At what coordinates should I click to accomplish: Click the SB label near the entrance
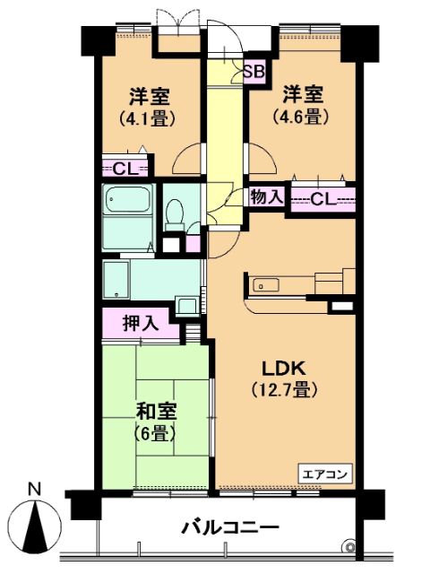pyautogui.click(x=254, y=72)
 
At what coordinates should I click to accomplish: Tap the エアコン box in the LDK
pyautogui.click(x=325, y=474)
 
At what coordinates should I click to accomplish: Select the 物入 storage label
pyautogui.click(x=267, y=198)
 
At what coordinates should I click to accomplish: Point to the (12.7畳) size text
pyautogui.click(x=285, y=390)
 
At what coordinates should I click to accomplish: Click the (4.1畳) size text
pyautogui.click(x=148, y=118)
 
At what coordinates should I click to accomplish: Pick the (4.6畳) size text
pyautogui.click(x=301, y=116)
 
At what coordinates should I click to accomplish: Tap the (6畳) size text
pyautogui.click(x=156, y=434)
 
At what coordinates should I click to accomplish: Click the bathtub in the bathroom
pyautogui.click(x=127, y=199)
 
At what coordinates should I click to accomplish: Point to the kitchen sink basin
pyautogui.click(x=266, y=285)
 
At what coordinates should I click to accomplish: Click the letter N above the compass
pyautogui.click(x=35, y=489)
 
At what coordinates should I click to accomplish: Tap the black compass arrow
pyautogui.click(x=35, y=526)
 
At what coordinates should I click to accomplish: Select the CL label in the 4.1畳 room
pyautogui.click(x=125, y=170)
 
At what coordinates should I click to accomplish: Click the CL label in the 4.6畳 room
pyautogui.click(x=323, y=199)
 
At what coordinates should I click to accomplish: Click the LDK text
pyautogui.click(x=285, y=369)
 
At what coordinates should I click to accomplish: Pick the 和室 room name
pyautogui.click(x=157, y=412)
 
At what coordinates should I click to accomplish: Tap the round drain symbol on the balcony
pyautogui.click(x=349, y=547)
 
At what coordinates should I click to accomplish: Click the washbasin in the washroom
pyautogui.click(x=187, y=305)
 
